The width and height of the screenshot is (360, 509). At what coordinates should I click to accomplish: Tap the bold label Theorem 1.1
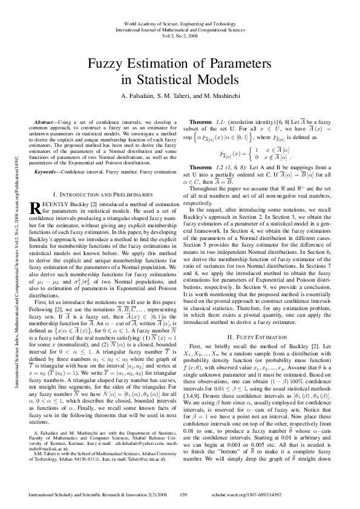click(209, 123)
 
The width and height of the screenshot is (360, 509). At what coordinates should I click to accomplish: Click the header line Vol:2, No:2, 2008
click(179, 35)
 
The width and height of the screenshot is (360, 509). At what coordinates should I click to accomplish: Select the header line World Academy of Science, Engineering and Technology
click(179, 23)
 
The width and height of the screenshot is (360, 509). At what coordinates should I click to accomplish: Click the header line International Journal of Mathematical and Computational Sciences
click(179, 29)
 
